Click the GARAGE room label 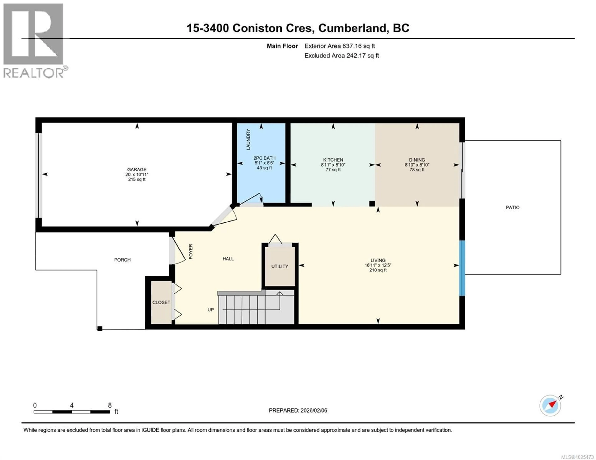(x=137, y=169)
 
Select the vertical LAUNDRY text (x=248, y=139)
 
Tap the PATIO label (x=512, y=207)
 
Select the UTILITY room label (x=279, y=266)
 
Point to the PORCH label (x=122, y=260)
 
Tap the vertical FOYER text (x=191, y=251)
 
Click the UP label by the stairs (x=210, y=310)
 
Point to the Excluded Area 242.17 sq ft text (x=341, y=56)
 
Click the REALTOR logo (x=34, y=41)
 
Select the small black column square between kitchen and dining (x=372, y=203)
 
